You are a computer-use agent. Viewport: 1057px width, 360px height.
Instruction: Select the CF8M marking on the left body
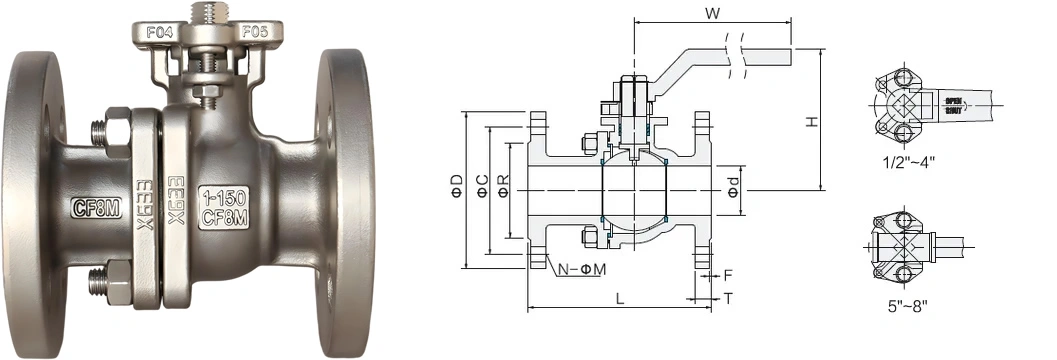tap(95, 208)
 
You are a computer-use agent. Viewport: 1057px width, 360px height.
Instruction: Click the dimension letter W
tap(711, 14)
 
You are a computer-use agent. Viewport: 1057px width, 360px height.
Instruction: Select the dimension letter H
tap(812, 121)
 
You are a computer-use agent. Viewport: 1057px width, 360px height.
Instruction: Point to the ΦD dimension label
tap(456, 185)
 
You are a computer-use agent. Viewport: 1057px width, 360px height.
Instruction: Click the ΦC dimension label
tap(480, 185)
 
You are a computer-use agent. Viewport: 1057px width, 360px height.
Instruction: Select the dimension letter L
tap(620, 298)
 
